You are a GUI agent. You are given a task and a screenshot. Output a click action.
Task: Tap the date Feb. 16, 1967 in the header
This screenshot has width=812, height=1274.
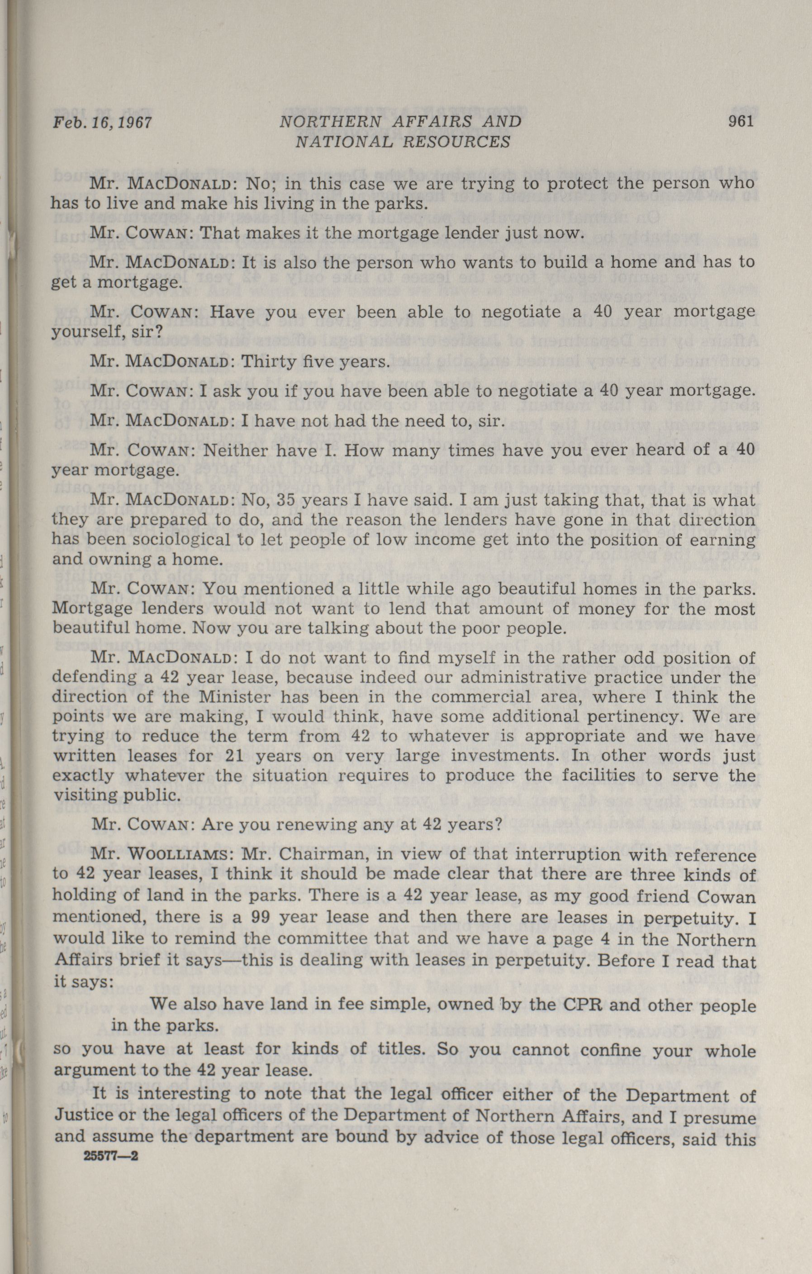click(102, 123)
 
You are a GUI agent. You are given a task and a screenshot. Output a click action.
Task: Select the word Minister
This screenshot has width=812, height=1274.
click(225, 697)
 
